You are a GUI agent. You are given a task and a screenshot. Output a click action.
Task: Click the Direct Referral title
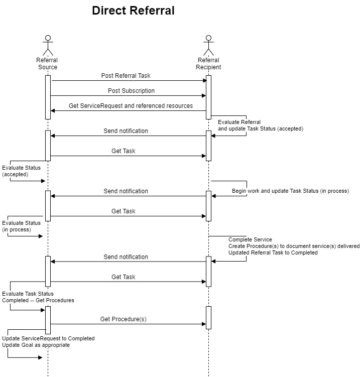(x=133, y=11)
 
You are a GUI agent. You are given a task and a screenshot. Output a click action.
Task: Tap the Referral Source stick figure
(x=48, y=46)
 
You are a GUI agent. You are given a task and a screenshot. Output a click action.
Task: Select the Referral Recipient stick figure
(x=208, y=46)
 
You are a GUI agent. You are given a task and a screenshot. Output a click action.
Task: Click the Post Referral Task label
(x=126, y=76)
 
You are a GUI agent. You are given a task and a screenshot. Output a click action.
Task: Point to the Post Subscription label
(x=132, y=91)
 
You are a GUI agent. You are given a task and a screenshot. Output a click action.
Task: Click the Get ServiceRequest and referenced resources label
(x=131, y=106)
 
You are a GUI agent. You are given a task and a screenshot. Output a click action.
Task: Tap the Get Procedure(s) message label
(x=124, y=319)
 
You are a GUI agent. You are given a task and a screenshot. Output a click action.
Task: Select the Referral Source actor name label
(x=47, y=64)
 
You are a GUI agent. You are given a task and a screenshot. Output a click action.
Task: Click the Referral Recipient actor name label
(x=208, y=64)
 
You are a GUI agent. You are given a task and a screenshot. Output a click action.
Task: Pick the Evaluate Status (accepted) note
(x=22, y=171)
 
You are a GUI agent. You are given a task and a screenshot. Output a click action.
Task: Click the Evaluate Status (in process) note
(x=22, y=226)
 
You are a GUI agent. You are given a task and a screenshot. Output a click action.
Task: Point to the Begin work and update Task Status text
(x=291, y=191)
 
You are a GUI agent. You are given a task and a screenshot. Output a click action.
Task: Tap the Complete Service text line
(x=250, y=239)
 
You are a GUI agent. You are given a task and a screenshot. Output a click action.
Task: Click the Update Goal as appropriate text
(x=36, y=345)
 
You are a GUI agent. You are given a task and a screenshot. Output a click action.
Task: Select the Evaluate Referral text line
(x=239, y=122)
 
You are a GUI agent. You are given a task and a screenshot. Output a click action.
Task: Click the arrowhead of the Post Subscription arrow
(x=204, y=96)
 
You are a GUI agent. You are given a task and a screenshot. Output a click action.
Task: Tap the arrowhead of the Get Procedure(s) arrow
(x=204, y=324)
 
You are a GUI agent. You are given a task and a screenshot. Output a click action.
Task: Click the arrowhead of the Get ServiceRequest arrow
(x=53, y=110)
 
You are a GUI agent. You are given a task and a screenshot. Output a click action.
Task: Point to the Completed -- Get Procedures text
(x=38, y=300)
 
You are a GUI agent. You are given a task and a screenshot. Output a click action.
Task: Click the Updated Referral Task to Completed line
(x=273, y=253)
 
